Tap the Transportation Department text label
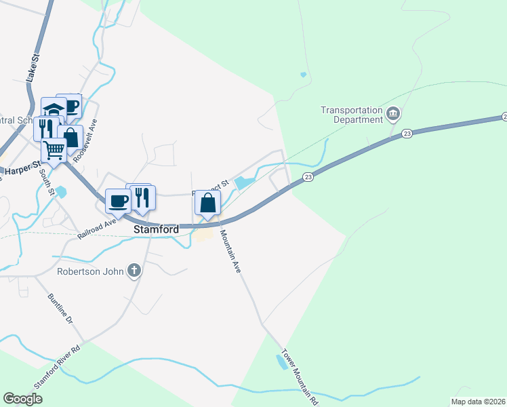point(351,115)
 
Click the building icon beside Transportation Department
point(393,113)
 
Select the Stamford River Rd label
point(58,366)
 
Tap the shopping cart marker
point(54,151)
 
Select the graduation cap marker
point(54,110)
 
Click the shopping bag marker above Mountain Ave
point(207,202)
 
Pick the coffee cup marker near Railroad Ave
point(118,201)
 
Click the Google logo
point(23,399)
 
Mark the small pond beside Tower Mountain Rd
point(280,362)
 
